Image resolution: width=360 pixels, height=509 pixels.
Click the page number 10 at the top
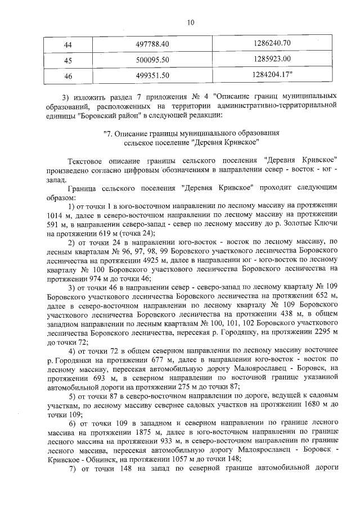coord(190,22)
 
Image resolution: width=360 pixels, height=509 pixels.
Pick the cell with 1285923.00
coord(272,59)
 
